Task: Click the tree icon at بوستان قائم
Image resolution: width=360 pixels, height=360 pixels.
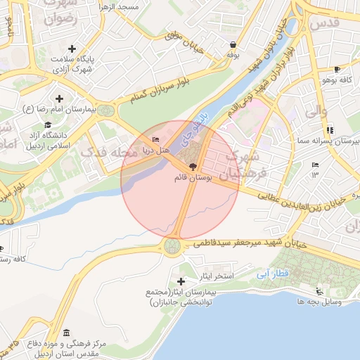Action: click(184, 166)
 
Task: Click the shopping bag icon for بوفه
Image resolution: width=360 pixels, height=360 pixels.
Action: click(232, 44)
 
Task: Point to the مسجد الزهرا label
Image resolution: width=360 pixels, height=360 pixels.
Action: click(140, 7)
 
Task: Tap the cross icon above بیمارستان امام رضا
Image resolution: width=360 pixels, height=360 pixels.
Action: click(59, 98)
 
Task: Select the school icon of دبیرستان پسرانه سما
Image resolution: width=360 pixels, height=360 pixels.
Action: click(330, 130)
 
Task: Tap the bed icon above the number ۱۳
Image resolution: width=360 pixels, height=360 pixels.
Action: click(314, 165)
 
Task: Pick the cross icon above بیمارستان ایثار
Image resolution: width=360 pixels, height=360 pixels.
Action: click(186, 281)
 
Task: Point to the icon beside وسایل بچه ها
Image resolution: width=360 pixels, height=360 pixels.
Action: click(320, 292)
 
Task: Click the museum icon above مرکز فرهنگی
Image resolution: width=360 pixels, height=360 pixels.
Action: click(66, 333)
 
